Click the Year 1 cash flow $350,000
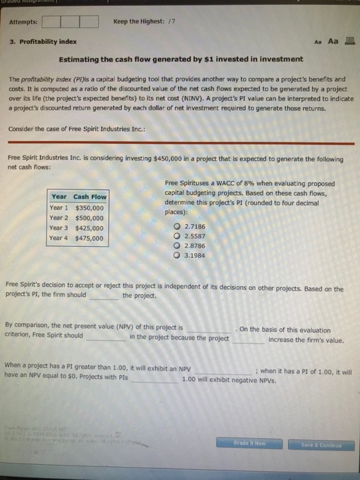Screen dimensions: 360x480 pos(89,208)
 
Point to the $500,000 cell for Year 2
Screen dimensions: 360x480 pos(89,218)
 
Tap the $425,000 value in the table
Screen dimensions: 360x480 pos(89,228)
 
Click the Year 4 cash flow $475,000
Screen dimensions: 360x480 pos(89,239)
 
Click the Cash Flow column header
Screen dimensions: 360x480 pos(90,197)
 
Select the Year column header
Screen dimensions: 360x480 pos(59,197)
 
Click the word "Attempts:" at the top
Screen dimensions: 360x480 pos(24,21)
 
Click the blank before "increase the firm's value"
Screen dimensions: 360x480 pos(248,339)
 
